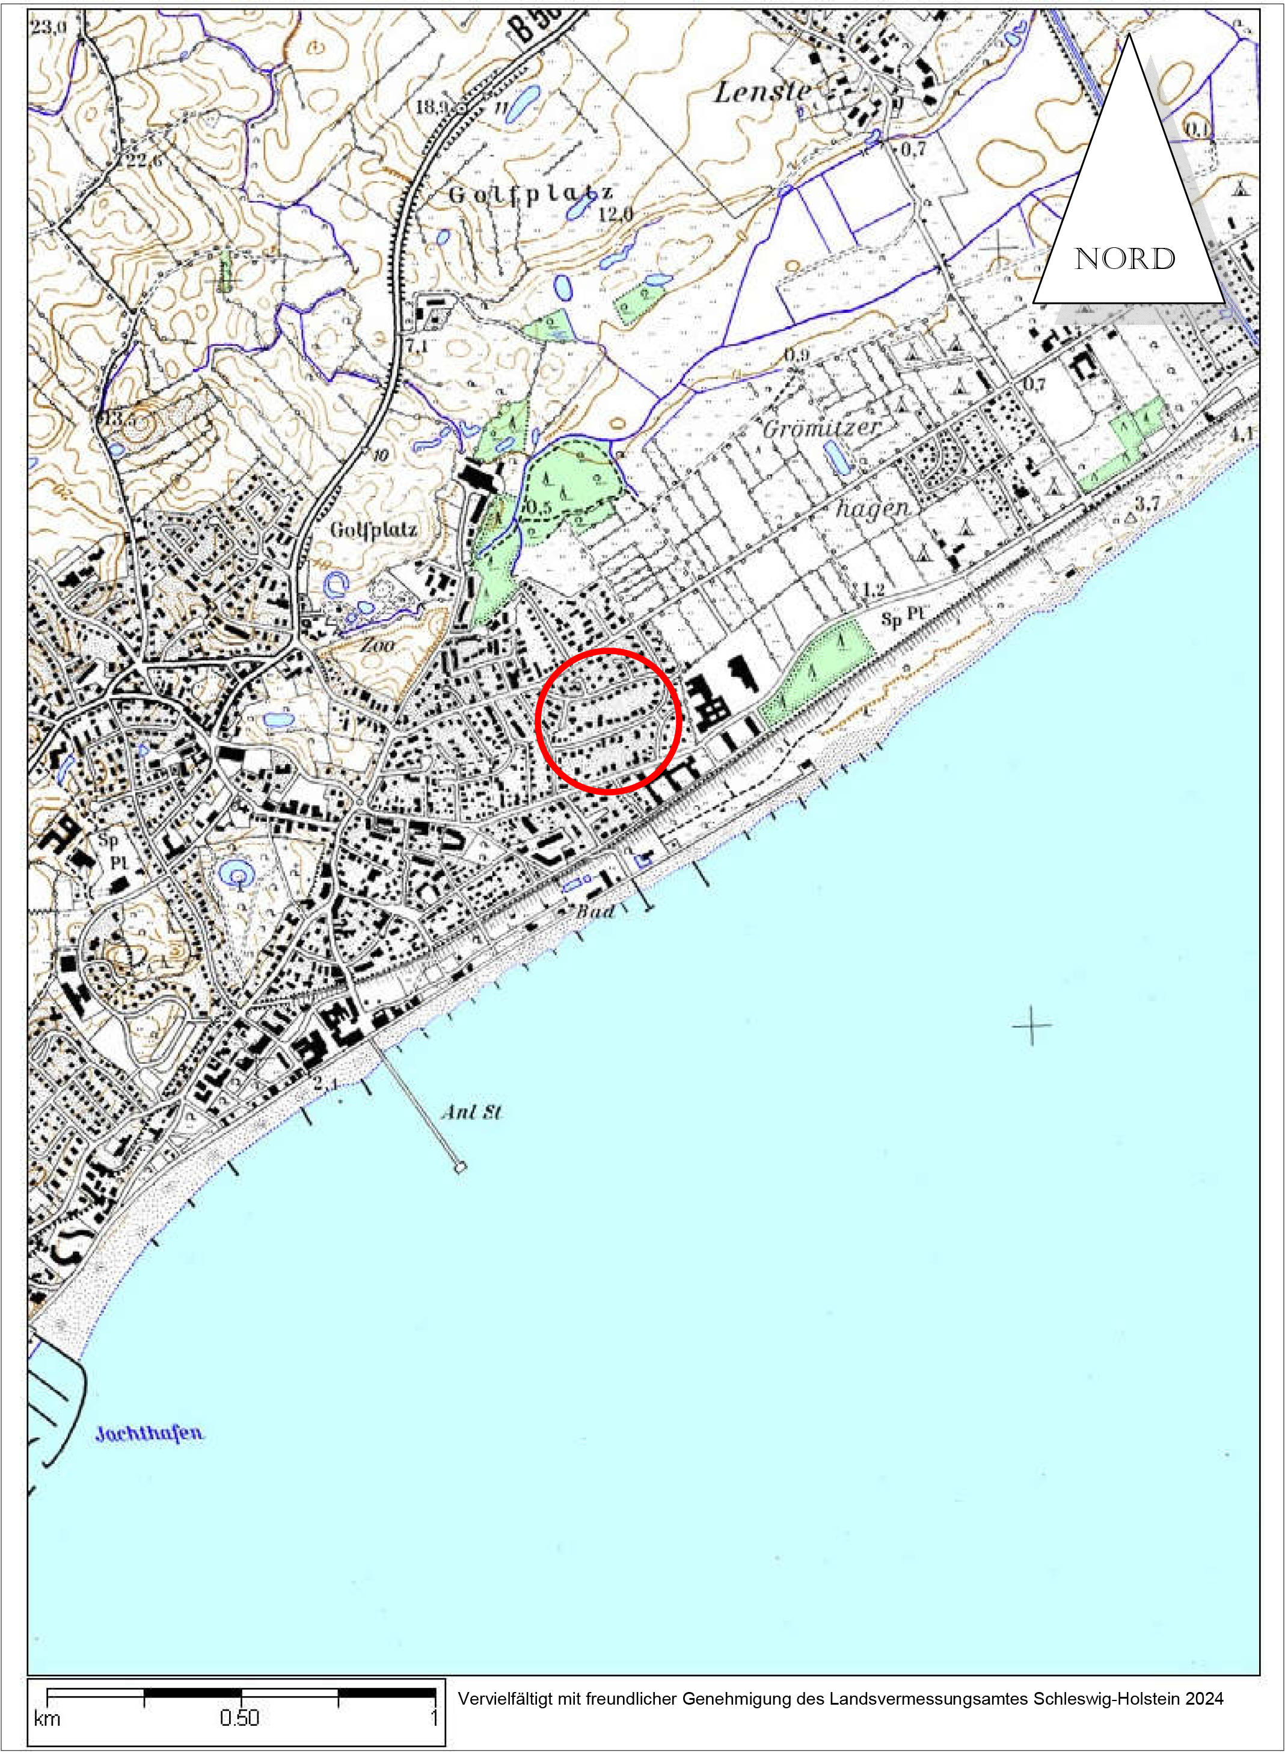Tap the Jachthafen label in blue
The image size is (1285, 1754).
tap(149, 1433)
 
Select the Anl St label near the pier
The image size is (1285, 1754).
tap(471, 1113)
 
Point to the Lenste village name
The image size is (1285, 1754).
tap(762, 93)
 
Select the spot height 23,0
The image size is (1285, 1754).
tap(49, 26)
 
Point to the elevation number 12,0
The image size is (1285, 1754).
tap(616, 214)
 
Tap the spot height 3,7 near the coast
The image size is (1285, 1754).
tap(1147, 504)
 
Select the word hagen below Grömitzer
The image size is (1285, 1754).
tap(872, 509)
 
